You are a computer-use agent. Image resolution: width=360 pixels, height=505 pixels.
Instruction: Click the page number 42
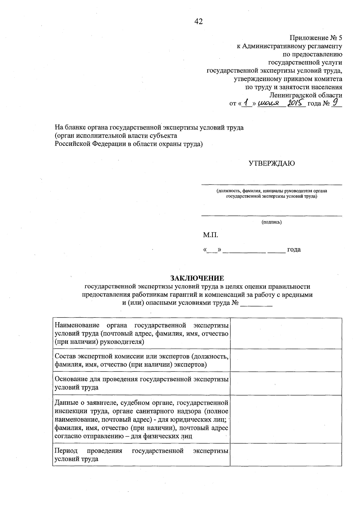click(199, 21)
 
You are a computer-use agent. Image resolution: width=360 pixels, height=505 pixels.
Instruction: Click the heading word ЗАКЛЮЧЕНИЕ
click(197, 278)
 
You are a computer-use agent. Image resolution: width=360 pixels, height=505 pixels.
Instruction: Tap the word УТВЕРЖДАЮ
click(271, 164)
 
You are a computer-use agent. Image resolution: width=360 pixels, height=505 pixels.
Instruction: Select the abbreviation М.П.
click(210, 235)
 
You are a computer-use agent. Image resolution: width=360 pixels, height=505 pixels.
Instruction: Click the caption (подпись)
click(271, 222)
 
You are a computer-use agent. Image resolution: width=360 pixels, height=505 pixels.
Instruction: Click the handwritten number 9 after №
click(335, 103)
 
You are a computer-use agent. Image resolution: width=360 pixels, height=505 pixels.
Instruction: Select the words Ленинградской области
click(306, 95)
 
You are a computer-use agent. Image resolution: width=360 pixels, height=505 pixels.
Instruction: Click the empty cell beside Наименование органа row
click(286, 333)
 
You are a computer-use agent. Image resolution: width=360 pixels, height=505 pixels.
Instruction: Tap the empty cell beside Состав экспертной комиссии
click(286, 360)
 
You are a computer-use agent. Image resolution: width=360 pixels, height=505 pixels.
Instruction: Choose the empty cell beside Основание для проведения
click(286, 383)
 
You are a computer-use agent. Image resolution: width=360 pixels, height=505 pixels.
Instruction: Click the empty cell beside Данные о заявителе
click(286, 419)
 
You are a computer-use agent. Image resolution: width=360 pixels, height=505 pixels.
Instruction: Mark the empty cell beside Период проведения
click(286, 455)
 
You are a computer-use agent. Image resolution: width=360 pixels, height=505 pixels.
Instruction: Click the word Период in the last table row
click(66, 451)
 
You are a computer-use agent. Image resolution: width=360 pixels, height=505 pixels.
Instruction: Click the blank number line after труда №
click(256, 304)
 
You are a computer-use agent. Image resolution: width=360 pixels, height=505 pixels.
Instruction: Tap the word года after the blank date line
click(294, 250)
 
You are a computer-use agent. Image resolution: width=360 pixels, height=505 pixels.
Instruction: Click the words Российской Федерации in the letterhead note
click(88, 144)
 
